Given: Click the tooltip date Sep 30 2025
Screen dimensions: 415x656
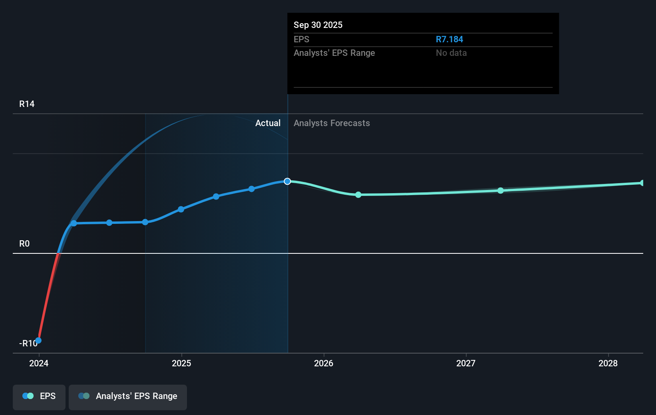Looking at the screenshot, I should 318,25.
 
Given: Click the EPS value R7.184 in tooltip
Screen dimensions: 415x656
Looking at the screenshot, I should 449,39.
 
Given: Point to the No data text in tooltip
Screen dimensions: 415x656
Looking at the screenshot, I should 451,53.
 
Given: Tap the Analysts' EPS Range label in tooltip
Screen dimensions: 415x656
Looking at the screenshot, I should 334,53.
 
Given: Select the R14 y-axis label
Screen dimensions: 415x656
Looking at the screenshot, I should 27,104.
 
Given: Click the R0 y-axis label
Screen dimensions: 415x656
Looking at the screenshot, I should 24,243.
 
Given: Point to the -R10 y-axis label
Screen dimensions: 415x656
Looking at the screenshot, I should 28,343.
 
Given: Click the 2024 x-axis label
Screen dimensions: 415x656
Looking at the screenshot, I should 39,363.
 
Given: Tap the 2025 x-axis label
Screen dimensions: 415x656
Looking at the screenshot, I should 181,363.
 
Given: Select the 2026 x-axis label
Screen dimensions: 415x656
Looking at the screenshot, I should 324,363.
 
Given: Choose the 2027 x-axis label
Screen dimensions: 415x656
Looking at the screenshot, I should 466,363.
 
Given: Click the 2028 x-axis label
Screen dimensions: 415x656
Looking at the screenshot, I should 608,363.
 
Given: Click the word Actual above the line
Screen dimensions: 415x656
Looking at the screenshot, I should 268,123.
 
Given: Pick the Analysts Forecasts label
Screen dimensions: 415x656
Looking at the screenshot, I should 332,123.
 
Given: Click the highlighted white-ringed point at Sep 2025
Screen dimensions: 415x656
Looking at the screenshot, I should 287,181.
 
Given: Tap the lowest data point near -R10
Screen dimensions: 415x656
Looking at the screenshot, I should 38,340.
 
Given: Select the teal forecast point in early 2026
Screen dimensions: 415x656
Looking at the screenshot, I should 358,195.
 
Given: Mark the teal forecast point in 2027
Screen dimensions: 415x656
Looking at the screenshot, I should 501,190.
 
